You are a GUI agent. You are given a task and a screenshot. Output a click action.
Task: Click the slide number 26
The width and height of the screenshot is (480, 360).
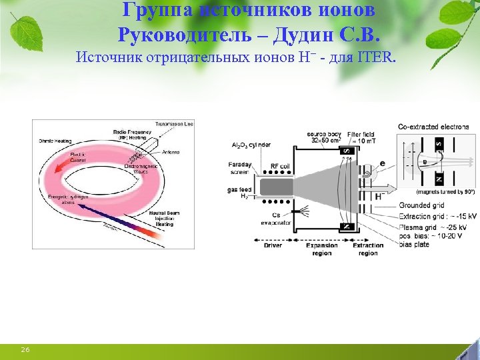pos(25,349)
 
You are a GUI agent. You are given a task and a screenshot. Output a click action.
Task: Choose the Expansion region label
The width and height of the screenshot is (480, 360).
pos(322,249)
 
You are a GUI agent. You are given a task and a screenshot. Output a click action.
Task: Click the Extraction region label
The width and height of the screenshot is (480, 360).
pos(367,249)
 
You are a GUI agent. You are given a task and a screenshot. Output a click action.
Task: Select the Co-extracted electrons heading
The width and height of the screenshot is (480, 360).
pos(433,126)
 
